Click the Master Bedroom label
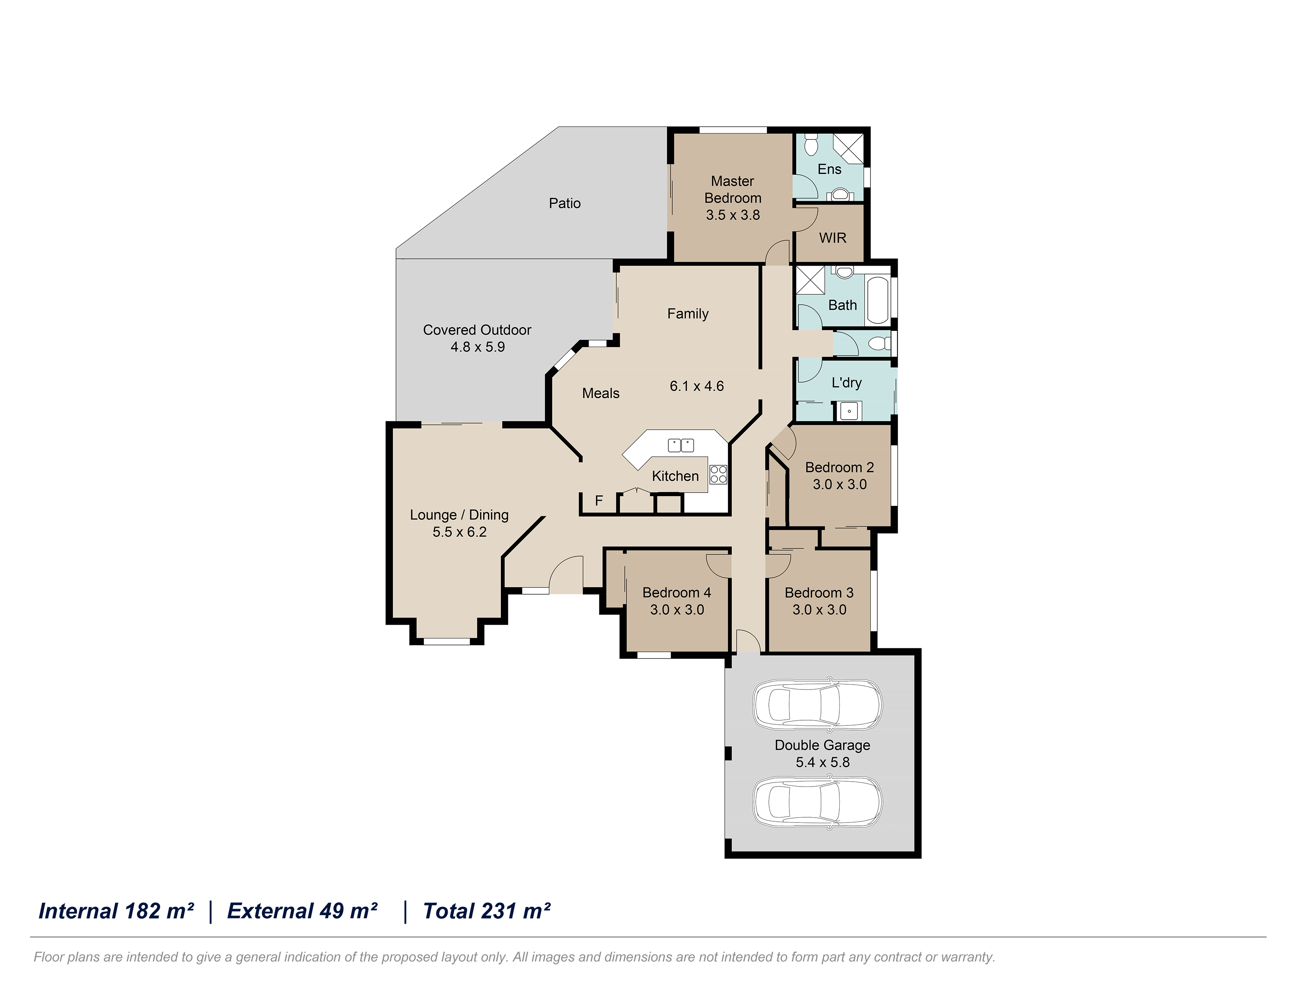pos(732,189)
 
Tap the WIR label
pos(833,238)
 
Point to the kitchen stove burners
pos(718,474)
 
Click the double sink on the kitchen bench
pos(681,445)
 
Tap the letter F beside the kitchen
pos(599,501)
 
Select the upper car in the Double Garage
pos(817,704)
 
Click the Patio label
pos(565,203)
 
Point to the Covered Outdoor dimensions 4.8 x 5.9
pos(478,347)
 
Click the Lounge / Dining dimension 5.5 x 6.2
pos(460,532)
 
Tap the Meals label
pos(601,393)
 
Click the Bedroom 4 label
pos(677,592)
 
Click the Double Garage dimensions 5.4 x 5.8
pos(823,763)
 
